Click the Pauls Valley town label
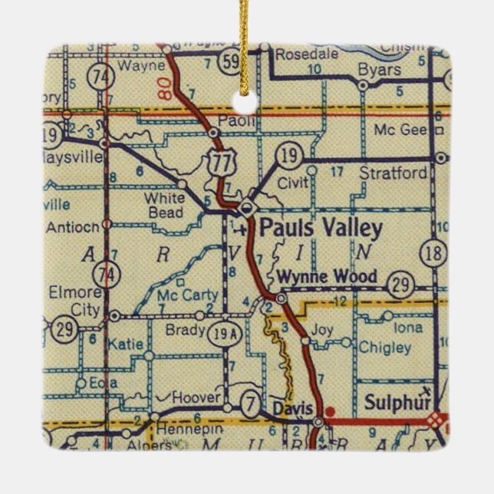pos(320,229)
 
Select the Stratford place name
pos(393,174)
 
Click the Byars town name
pos(380,70)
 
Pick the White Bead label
pos(163,203)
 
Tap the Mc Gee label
pos(400,130)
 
